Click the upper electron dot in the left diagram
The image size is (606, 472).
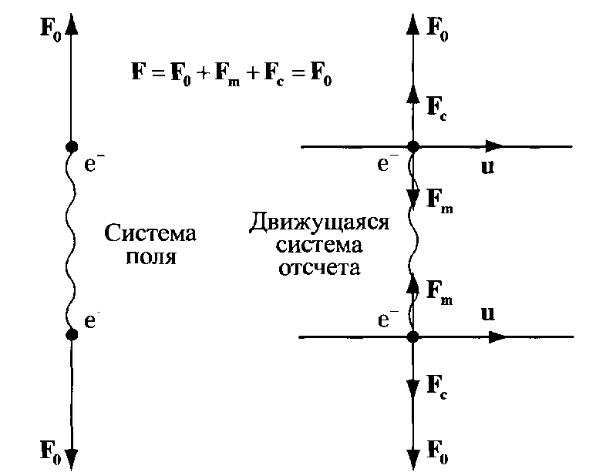coord(72,146)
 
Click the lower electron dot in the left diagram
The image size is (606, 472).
coord(72,335)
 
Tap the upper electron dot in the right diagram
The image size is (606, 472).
coord(413,146)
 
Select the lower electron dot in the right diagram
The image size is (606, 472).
coord(413,336)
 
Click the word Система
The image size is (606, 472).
coord(150,233)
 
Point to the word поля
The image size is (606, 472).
coord(151,256)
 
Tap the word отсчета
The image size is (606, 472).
coord(319,268)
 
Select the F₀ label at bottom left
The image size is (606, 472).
coord(51,451)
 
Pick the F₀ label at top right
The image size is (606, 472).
coord(437,28)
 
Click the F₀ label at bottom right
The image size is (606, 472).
coord(437,450)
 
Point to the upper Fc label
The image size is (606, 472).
coord(436,108)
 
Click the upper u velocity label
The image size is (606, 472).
coord(488,167)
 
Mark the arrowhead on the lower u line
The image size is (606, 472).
coord(498,336)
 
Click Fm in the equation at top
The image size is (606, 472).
coord(227,75)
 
